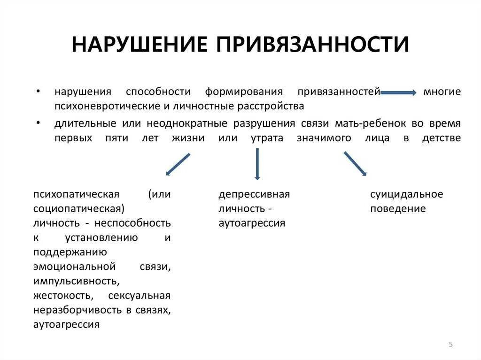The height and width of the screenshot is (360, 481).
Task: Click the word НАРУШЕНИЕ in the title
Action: [x=139, y=44]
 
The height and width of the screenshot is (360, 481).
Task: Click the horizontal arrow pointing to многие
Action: [x=398, y=93]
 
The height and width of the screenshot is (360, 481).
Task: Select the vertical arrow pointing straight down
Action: [x=257, y=164]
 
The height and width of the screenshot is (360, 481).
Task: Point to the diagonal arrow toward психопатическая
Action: [x=178, y=164]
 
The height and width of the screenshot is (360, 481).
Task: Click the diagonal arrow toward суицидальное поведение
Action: [x=355, y=163]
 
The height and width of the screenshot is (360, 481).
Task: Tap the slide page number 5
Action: [x=450, y=345]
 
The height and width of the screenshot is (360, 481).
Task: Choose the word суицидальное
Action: [x=406, y=194]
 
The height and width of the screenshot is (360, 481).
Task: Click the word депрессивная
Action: [x=254, y=194]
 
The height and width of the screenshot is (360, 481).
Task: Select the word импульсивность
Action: [x=75, y=281]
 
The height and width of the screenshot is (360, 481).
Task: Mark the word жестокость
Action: [x=62, y=296]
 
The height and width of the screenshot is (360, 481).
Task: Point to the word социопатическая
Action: [x=78, y=208]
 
